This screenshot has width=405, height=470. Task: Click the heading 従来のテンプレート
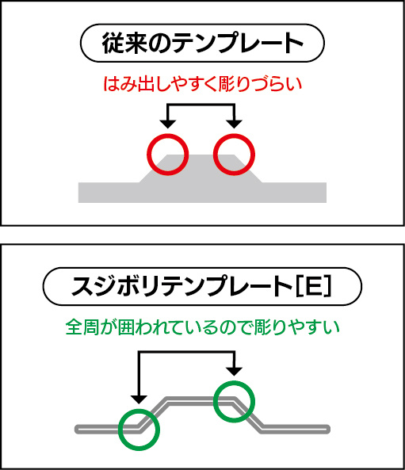pyautogui.click(x=202, y=43)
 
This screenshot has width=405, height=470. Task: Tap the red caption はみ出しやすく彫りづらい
pyautogui.click(x=203, y=84)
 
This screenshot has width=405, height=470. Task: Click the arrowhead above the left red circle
pyautogui.click(x=168, y=124)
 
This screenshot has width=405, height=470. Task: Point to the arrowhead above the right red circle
pyautogui.click(x=235, y=124)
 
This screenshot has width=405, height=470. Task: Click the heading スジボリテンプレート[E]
pyautogui.click(x=201, y=287)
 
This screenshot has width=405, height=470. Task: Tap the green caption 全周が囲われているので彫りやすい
pyautogui.click(x=203, y=327)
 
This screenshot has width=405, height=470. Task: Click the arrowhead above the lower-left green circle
pyautogui.click(x=139, y=399)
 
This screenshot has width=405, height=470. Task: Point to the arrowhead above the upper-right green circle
pyautogui.click(x=234, y=371)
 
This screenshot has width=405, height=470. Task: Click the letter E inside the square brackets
pyautogui.click(x=313, y=287)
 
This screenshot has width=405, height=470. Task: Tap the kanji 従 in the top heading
pyautogui.click(x=113, y=43)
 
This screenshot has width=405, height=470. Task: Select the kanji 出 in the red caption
pyautogui.click(x=146, y=84)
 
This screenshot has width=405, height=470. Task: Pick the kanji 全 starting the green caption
pyautogui.click(x=73, y=327)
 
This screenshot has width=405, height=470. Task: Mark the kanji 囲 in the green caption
pyautogui.click(x=126, y=327)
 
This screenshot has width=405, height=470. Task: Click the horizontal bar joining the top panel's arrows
pyautogui.click(x=201, y=105)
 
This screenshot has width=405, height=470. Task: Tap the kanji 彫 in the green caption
pyautogui.click(x=262, y=327)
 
